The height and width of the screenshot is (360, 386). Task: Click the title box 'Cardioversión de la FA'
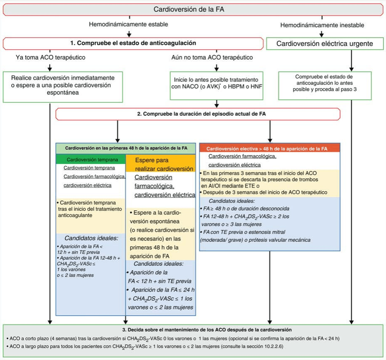click(193, 9)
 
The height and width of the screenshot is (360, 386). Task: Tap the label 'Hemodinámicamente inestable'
click(322, 25)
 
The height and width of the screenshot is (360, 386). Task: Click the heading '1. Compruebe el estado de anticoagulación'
click(133, 43)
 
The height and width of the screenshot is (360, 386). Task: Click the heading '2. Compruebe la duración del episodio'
click(198, 114)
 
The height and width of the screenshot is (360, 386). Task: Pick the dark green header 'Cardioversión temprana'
click(91, 160)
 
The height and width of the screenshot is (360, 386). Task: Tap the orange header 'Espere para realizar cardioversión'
click(160, 164)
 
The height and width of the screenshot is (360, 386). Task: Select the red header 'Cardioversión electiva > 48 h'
click(269, 148)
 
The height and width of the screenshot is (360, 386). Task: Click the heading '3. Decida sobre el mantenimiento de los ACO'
click(193, 329)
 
